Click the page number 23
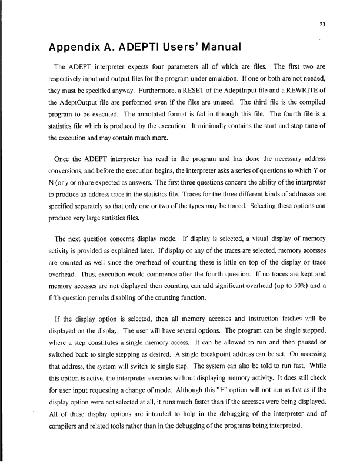[x=322, y=24]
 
